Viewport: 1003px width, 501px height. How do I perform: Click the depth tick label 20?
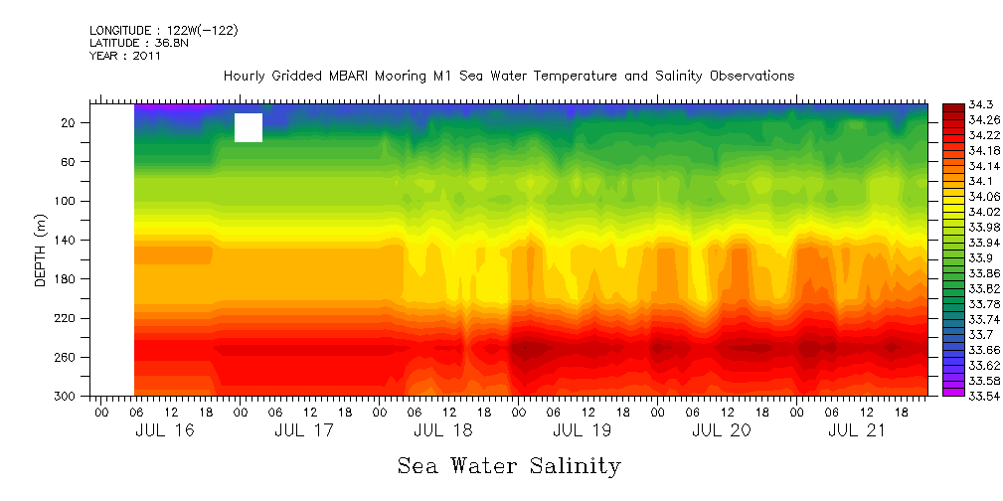69,122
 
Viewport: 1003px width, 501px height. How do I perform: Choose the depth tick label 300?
66,397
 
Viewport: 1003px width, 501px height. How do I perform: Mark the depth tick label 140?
66,240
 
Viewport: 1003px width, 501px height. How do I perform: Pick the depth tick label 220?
66,318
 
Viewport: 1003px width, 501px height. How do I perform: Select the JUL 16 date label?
165,430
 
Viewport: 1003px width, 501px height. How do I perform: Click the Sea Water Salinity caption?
509,465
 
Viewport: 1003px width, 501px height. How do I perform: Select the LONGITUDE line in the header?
163,31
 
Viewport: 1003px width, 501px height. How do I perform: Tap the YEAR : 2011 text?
124,56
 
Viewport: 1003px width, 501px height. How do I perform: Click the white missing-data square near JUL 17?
249,127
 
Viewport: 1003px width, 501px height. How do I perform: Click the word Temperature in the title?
576,77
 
